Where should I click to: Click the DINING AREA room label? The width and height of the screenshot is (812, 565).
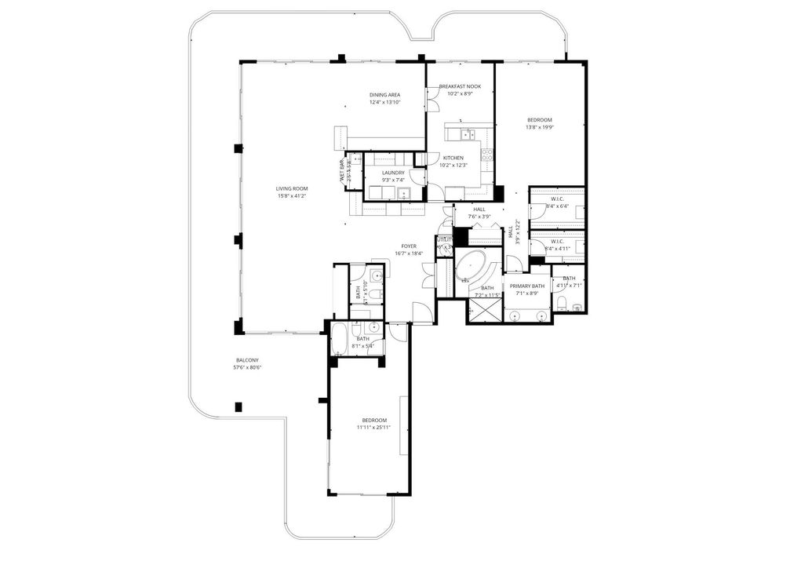[x=384, y=95]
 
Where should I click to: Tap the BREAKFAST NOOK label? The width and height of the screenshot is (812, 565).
[x=460, y=86]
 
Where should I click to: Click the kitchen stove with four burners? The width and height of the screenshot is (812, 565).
[x=487, y=155]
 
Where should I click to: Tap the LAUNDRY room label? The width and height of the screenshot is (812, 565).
[x=393, y=173]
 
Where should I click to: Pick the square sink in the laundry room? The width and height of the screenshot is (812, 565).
[x=403, y=193]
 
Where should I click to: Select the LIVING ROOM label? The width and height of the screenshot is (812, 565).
[x=291, y=188]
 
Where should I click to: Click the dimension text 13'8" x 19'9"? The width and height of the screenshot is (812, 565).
[x=540, y=127]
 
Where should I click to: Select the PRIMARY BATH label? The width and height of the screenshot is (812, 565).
[x=526, y=286]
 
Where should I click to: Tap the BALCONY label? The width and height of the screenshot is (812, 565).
[x=246, y=360]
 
